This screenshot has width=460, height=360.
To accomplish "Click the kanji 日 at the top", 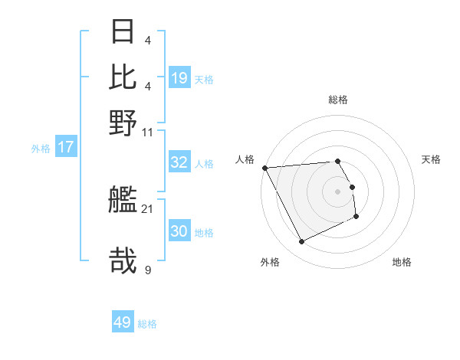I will (x=123, y=33).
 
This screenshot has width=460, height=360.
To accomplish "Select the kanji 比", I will (x=123, y=77).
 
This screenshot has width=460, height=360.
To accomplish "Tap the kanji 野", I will (x=123, y=122).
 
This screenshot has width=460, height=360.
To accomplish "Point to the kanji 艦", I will (x=123, y=201).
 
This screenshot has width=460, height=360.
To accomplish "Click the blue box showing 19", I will (x=179, y=77).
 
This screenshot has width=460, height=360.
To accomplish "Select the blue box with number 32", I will (x=179, y=162).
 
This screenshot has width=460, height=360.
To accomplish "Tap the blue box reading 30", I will (x=179, y=231).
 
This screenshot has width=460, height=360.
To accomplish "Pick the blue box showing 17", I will (x=66, y=147).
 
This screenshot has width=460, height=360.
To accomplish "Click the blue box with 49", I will (x=123, y=322).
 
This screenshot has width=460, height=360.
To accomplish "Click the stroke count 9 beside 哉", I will (x=148, y=270).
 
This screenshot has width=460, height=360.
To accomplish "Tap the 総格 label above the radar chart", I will (x=338, y=100).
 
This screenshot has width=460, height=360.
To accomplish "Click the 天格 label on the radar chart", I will (x=432, y=159).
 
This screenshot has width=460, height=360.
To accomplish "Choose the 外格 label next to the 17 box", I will (x=41, y=149).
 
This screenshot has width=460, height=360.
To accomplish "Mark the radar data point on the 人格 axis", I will (x=264, y=168).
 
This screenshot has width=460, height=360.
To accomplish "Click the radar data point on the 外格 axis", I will (x=301, y=242).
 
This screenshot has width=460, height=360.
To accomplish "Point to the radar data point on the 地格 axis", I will (x=356, y=218).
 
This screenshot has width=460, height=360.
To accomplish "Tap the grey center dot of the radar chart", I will (x=338, y=191).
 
